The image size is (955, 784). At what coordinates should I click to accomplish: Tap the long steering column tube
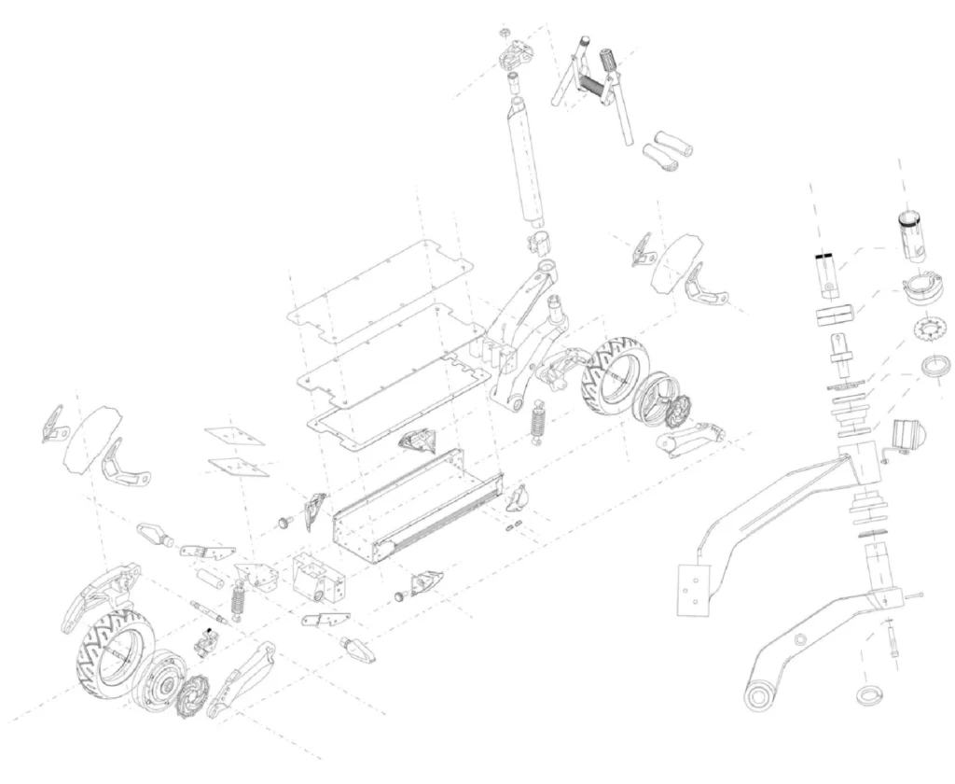tap(527, 163)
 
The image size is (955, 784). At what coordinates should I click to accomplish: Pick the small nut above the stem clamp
tap(508, 30)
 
